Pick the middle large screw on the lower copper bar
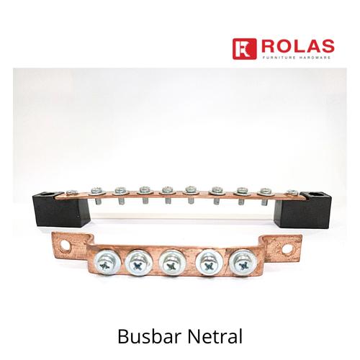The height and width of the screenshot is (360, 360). point(171,264)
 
